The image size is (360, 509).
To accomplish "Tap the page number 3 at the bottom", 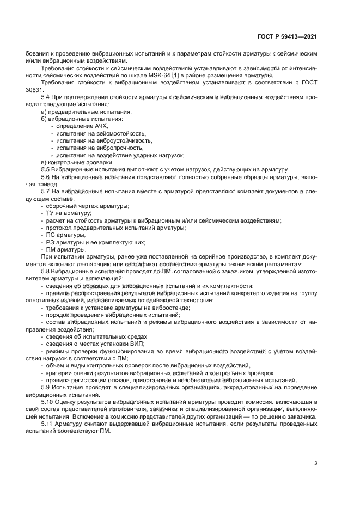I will pyautogui.click(x=316, y=463).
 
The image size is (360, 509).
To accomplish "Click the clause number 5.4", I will pyautogui.click(x=46, y=96).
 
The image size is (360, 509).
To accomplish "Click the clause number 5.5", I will pyautogui.click(x=46, y=170).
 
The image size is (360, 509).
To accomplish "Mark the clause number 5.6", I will pyautogui.click(x=46, y=177).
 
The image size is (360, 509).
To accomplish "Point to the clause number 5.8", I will pyautogui.click(x=46, y=272).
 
